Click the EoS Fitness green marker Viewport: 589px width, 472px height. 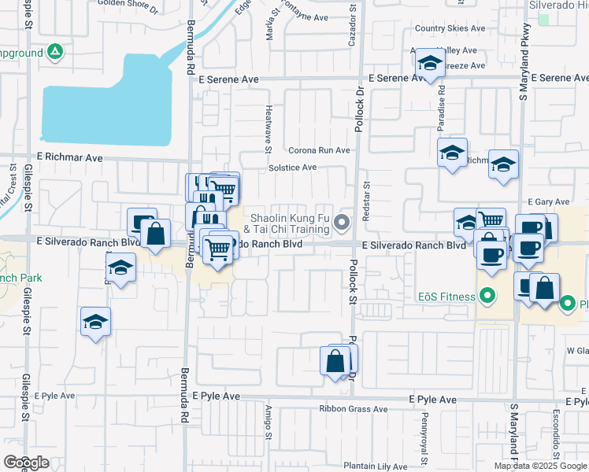click(487, 297)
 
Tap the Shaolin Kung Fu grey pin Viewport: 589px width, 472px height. click(342, 223)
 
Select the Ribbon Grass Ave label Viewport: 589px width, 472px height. click(354, 409)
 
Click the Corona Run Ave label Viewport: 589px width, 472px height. click(319, 150)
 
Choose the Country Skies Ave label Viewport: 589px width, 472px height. click(450, 28)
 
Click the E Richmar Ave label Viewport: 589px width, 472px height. click(69, 157)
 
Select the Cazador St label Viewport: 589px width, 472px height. click(354, 25)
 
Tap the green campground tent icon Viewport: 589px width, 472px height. click(55, 53)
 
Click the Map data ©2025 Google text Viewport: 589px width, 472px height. click(540, 466)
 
